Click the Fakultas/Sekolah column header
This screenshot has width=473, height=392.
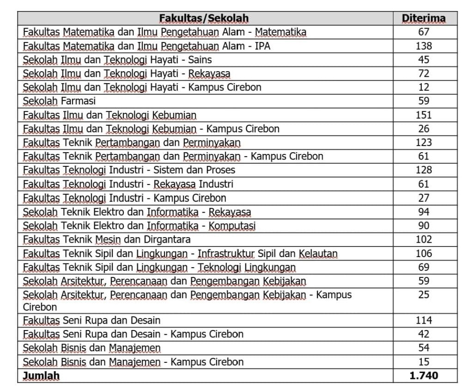pyautogui.click(x=204, y=18)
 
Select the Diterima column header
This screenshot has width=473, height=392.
pyautogui.click(x=424, y=18)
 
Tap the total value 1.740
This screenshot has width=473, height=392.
pyautogui.click(x=424, y=375)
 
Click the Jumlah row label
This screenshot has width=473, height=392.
pyautogui.click(x=42, y=376)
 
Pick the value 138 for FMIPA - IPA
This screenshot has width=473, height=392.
pyautogui.click(x=424, y=46)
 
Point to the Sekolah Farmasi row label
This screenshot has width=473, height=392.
pyautogui.click(x=59, y=101)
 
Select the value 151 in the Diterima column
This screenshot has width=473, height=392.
pyautogui.click(x=424, y=115)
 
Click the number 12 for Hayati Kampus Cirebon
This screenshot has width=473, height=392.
pyautogui.click(x=424, y=87)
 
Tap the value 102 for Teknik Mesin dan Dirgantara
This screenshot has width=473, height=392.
pyautogui.click(x=424, y=239)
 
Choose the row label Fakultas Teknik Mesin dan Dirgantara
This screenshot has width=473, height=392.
pyautogui.click(x=107, y=239)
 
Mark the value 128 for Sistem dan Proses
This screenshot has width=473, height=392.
pyautogui.click(x=424, y=170)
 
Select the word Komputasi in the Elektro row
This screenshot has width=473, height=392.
pyautogui.click(x=232, y=226)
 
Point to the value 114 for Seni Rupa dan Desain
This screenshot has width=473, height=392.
pyautogui.click(x=424, y=320)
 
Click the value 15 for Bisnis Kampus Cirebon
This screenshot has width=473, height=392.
pyautogui.click(x=424, y=361)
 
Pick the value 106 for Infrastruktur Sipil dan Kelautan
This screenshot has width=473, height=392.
pyautogui.click(x=424, y=253)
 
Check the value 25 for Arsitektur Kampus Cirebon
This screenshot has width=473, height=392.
pyautogui.click(x=424, y=294)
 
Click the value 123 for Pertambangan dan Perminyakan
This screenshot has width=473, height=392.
pyautogui.click(x=424, y=142)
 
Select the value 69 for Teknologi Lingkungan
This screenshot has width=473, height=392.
pyautogui.click(x=424, y=267)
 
